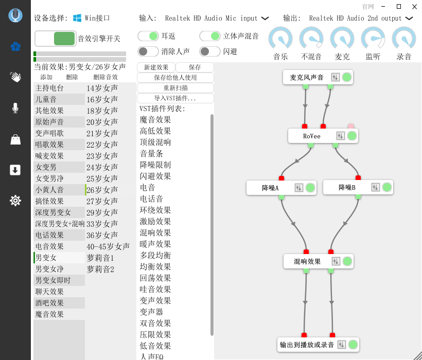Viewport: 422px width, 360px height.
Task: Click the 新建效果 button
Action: coord(156,67)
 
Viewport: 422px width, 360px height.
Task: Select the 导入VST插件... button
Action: coord(175,98)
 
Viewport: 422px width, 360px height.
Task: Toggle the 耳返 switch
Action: coord(148,36)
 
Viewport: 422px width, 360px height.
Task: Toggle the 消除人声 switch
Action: coord(148,51)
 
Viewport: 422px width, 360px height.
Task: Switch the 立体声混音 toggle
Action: coord(210,36)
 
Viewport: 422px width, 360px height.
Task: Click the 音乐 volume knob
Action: coord(280,39)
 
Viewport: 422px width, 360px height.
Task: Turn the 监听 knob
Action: coord(373,39)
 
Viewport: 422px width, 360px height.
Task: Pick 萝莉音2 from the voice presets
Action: coord(100,269)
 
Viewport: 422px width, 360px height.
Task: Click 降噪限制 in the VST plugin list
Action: coord(155,165)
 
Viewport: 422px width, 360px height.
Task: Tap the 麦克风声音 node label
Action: coord(307,77)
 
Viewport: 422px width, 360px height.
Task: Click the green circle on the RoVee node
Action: coord(352,136)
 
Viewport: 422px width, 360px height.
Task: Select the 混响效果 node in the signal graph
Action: coord(307,261)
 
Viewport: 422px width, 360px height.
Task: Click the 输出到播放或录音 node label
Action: coord(307,345)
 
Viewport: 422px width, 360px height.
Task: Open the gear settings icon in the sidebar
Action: coord(15,201)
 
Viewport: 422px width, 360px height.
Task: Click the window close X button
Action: coord(413,6)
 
